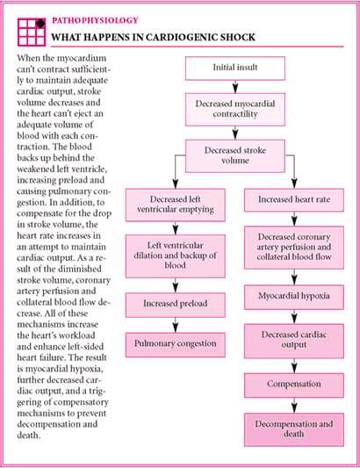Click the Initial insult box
tap(235, 68)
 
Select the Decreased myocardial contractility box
tap(235, 109)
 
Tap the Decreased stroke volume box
tap(235, 155)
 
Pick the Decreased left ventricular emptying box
tap(176, 205)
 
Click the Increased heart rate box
tap(294, 200)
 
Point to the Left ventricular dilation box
tap(176, 256)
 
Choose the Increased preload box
tap(176, 305)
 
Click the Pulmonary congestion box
tap(176, 345)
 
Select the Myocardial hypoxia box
tap(294, 297)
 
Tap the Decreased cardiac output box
tap(294, 341)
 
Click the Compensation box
tap(294, 385)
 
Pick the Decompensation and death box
tap(294, 429)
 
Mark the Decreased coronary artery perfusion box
tap(294, 248)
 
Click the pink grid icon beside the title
tap(32, 32)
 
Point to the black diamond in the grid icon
tap(40, 24)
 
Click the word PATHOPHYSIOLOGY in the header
tap(95, 20)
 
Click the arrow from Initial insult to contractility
tap(235, 87)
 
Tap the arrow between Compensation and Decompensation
tap(294, 406)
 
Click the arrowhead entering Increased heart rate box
tap(294, 184)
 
